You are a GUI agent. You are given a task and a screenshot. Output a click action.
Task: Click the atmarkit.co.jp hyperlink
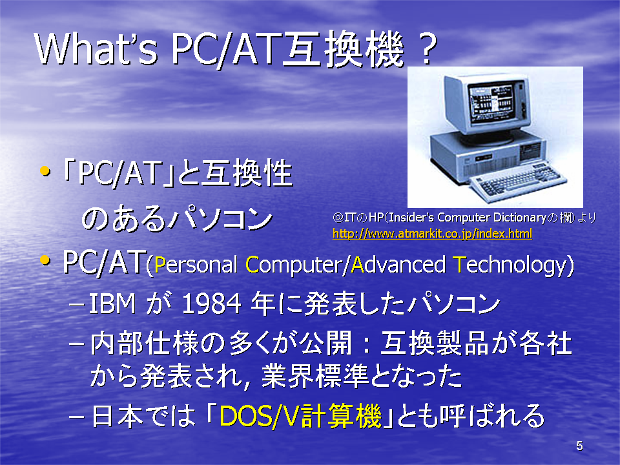pyautogui.click(x=432, y=234)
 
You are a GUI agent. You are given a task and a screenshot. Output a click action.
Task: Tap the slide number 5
pyautogui.click(x=579, y=446)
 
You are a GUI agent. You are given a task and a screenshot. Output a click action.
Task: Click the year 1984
pyautogui.click(x=211, y=304)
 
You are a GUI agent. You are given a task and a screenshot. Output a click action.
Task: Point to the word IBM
pyautogui.click(x=112, y=304)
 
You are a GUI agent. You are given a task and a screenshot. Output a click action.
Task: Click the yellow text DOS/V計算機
pyautogui.click(x=300, y=416)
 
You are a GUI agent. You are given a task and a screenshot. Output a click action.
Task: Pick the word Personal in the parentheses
pyautogui.click(x=196, y=265)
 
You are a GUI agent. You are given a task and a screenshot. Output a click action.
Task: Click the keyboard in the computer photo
pyautogui.click(x=518, y=181)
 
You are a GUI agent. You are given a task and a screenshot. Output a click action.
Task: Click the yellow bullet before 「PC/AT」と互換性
pyautogui.click(x=45, y=171)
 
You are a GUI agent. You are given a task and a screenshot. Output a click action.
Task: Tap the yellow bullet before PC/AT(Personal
pyautogui.click(x=45, y=260)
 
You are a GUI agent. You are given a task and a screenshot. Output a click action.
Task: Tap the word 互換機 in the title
pyautogui.click(x=344, y=50)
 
